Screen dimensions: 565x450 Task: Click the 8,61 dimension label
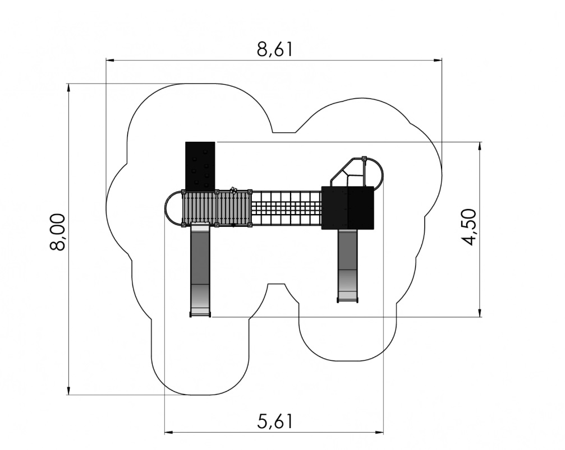pos(274,50)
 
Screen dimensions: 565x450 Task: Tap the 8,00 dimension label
pos(58,232)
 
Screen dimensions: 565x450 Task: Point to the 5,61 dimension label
pos(275,421)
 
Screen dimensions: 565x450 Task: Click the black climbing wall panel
pos(200,166)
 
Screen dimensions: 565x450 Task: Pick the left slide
pos(200,270)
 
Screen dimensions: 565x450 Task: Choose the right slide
pos(348,266)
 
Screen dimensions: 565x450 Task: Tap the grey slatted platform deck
pos(217,208)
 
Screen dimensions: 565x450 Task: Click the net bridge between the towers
pos(287,208)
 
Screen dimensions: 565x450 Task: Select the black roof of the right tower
pos(348,208)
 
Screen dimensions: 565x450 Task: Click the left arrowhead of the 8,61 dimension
pos(109,60)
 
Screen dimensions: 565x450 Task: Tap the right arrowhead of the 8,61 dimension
pos(438,60)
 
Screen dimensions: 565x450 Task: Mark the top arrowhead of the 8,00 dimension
pos(68,87)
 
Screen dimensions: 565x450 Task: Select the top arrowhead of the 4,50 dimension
pos(480,146)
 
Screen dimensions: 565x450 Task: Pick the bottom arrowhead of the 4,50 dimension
pos(480,313)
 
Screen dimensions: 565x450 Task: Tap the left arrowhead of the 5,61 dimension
pos(168,432)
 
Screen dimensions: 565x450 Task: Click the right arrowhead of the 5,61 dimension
pos(379,432)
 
